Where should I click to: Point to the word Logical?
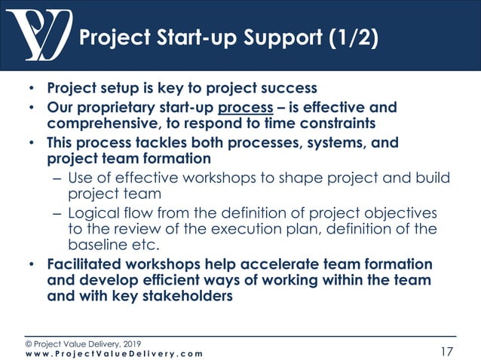tap(93, 214)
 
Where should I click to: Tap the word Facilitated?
tap(90, 265)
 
